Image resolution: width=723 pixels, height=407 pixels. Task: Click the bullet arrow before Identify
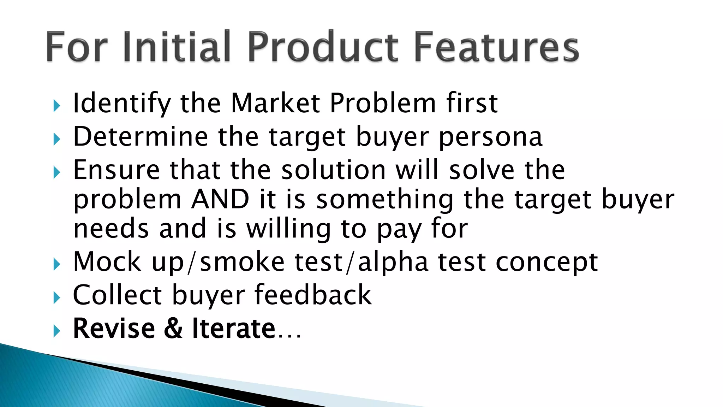point(57,105)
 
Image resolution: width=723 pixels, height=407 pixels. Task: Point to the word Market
point(275,103)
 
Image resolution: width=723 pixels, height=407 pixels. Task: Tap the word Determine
point(141,137)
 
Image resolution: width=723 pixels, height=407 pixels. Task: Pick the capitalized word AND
point(220,200)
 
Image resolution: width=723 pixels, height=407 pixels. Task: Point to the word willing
point(288,229)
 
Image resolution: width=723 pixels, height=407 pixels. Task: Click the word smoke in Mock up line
point(242,262)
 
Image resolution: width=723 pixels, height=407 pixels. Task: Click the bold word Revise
point(114,329)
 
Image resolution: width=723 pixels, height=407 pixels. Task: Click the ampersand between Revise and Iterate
point(173,329)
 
